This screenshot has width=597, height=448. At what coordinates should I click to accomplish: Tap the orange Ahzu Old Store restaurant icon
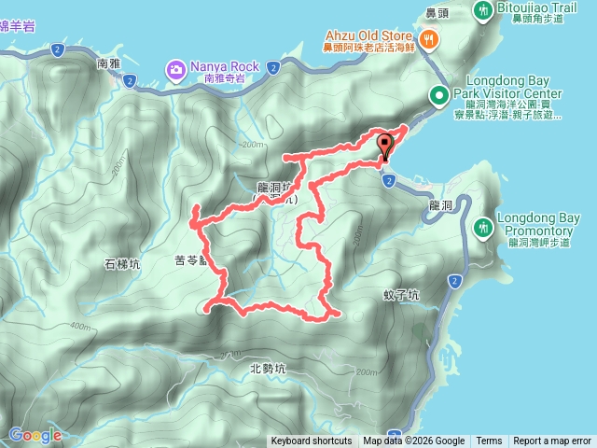(x=429, y=38)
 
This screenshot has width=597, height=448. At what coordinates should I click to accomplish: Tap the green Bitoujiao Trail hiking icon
(x=484, y=10)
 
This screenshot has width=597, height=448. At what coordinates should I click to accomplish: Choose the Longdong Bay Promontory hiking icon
(x=483, y=227)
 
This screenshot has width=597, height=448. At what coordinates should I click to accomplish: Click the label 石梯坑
(x=121, y=265)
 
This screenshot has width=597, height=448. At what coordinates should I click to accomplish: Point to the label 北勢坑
(x=268, y=368)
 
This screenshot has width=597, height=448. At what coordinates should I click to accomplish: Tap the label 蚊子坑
(x=401, y=295)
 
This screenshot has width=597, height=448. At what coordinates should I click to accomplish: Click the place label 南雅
(x=109, y=65)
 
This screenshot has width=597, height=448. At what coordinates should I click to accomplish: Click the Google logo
(x=35, y=434)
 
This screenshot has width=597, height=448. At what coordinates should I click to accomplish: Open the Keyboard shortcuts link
(x=312, y=441)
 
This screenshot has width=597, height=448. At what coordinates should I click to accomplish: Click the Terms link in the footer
(x=489, y=441)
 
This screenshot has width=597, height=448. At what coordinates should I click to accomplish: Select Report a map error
(x=552, y=441)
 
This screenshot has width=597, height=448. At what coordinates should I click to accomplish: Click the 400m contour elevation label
(x=79, y=327)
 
